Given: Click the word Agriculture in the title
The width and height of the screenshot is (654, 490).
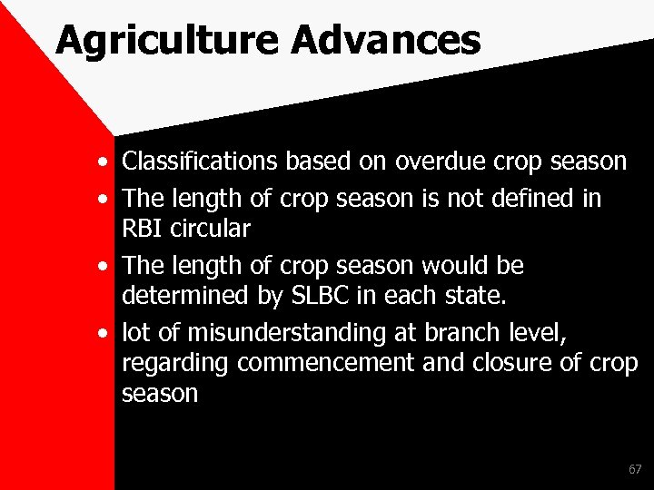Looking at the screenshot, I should [x=145, y=40].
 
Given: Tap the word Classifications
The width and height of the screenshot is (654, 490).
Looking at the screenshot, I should [x=202, y=162].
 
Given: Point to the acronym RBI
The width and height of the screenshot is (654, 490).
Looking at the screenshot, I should [x=142, y=227].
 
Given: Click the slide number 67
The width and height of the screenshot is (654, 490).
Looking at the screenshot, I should [x=634, y=469].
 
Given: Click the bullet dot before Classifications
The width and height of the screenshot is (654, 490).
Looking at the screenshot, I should [x=106, y=163].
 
